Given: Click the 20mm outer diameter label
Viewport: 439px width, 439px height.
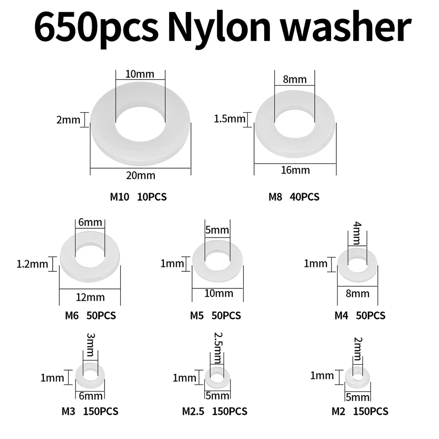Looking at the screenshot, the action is coord(140,176).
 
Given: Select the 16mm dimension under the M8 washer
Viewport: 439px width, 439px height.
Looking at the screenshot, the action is coord(295,170).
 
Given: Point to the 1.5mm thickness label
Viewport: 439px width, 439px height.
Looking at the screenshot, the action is coord(230,119).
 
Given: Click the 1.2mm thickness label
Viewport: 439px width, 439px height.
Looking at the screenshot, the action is coord(32,264).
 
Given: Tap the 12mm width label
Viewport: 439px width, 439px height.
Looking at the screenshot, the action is coord(90,297).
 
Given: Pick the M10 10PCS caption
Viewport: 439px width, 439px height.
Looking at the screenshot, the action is coord(138,197).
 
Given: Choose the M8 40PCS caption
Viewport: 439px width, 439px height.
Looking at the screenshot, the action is coord(294,197).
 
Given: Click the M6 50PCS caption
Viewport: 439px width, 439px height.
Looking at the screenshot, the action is coord(90,316).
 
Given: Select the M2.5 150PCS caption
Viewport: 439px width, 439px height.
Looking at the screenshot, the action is coord(215,412).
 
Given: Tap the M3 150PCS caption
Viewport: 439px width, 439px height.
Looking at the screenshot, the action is coord(90,412).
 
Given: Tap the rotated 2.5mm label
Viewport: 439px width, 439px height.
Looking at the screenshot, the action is coord(218,348).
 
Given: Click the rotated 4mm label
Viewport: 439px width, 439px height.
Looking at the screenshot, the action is coord(357,233).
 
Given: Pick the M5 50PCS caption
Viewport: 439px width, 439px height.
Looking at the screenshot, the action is coord(215,316).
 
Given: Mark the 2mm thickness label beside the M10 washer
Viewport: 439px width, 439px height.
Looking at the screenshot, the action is coord(68,120).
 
